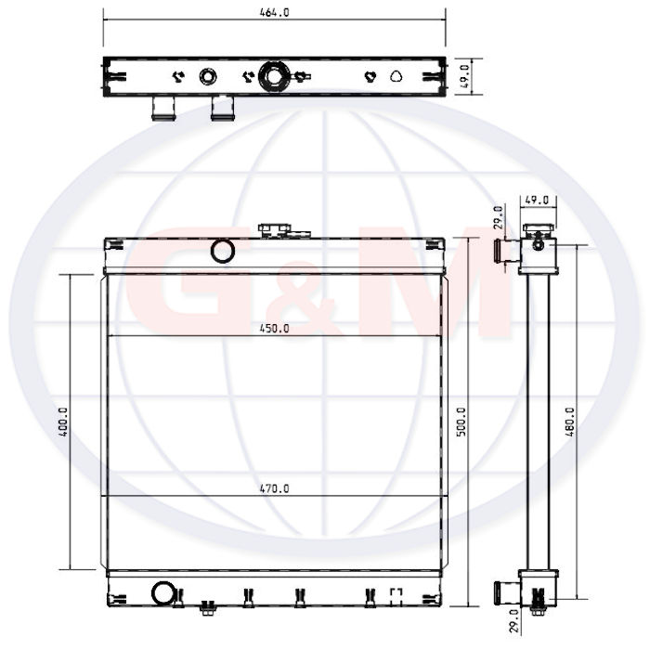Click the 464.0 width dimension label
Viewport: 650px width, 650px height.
tap(275, 12)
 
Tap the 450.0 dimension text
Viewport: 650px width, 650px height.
tap(275, 329)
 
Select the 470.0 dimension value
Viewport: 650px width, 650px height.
tap(275, 488)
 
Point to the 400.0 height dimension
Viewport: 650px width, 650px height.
tap(63, 422)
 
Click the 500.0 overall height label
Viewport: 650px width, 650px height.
tap(461, 422)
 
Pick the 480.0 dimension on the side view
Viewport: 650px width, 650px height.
tap(570, 422)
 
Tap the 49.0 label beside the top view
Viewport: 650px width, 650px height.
tap(464, 76)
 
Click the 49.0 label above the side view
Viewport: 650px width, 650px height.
tap(537, 201)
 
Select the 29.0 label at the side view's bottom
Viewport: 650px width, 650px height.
tap(513, 620)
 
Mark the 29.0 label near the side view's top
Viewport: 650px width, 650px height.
tap(499, 217)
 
